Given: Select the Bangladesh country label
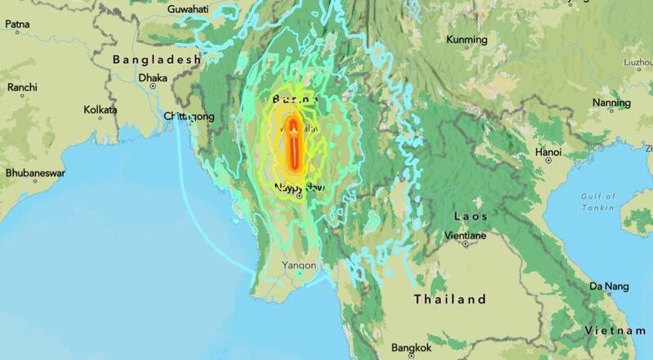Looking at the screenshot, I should [x=157, y=60].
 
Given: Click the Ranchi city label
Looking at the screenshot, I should [x=23, y=87].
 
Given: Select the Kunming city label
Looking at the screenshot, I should [x=466, y=39].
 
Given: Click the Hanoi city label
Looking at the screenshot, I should [x=548, y=152].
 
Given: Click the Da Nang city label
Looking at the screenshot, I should [x=610, y=286].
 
